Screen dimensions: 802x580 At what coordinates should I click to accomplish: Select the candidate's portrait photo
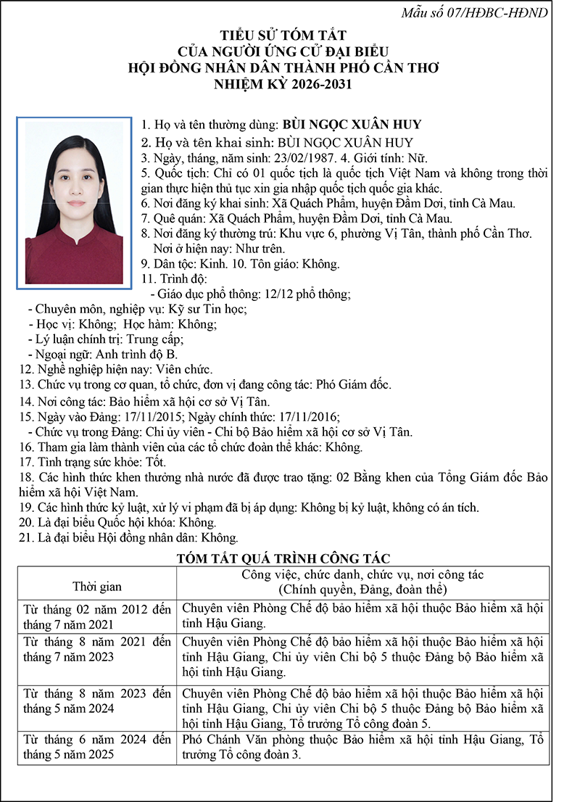(x=75, y=202)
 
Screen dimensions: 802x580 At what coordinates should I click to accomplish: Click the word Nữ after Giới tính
(x=417, y=158)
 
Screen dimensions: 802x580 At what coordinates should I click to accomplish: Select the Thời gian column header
(x=97, y=587)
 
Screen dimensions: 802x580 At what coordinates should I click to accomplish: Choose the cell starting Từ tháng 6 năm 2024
(x=97, y=747)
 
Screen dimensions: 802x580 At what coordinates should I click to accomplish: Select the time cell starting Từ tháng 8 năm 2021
(x=97, y=650)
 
